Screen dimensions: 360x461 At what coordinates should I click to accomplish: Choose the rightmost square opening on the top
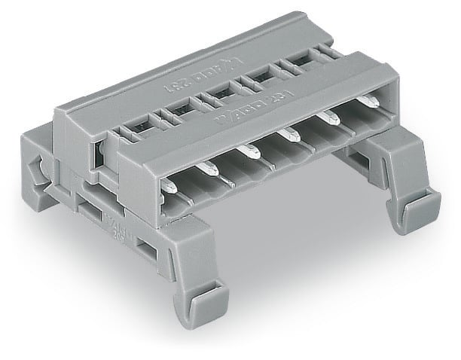(298, 64)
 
